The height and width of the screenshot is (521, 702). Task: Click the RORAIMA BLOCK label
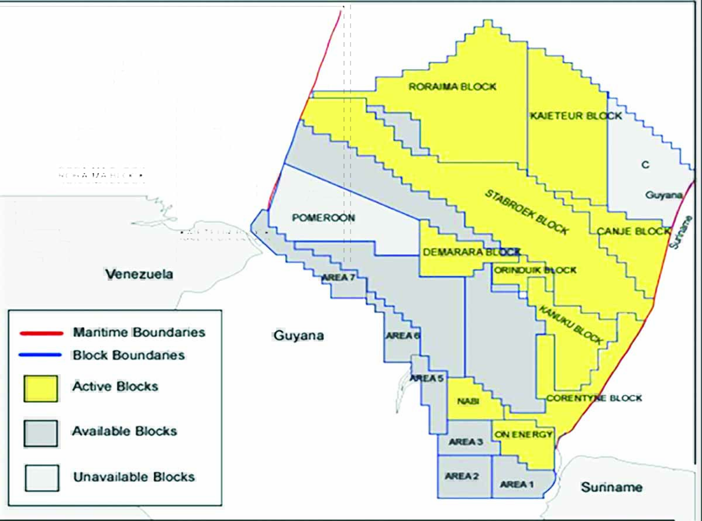452,87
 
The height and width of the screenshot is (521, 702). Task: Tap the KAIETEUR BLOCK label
576,116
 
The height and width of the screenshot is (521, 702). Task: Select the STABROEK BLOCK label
526,211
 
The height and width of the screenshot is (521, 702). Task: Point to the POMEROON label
323,218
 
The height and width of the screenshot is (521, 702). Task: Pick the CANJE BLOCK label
633,232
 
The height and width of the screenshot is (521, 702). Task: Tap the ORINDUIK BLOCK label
535,270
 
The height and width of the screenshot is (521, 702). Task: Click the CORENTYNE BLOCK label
594,398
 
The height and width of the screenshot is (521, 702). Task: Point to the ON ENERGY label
523,434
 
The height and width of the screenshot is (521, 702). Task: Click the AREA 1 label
513,484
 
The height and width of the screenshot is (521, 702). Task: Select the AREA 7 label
338,277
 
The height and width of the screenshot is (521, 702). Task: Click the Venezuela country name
139,274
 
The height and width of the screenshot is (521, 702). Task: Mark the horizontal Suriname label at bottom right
611,487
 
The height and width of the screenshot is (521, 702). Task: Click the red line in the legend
41,333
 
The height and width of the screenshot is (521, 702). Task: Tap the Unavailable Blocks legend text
133,477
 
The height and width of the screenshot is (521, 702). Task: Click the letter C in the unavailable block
645,165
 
